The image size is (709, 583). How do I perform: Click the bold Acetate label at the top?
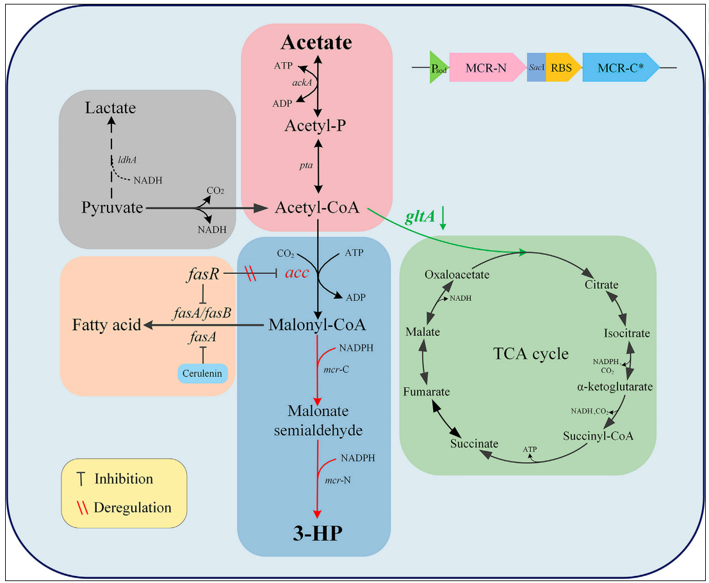click(316, 42)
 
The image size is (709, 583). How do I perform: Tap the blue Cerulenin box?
click(202, 372)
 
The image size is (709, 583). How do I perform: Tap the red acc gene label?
click(297, 273)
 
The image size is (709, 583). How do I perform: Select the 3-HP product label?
click(318, 533)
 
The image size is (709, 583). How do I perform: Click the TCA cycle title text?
click(531, 353)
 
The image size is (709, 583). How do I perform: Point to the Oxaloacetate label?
click(457, 275)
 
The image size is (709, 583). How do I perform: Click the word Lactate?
click(111, 108)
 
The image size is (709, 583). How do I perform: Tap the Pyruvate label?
click(112, 207)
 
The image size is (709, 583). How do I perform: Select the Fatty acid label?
click(106, 325)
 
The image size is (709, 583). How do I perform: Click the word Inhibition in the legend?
click(124, 479)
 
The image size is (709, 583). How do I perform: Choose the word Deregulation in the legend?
click(133, 507)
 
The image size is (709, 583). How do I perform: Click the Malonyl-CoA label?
click(317, 324)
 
